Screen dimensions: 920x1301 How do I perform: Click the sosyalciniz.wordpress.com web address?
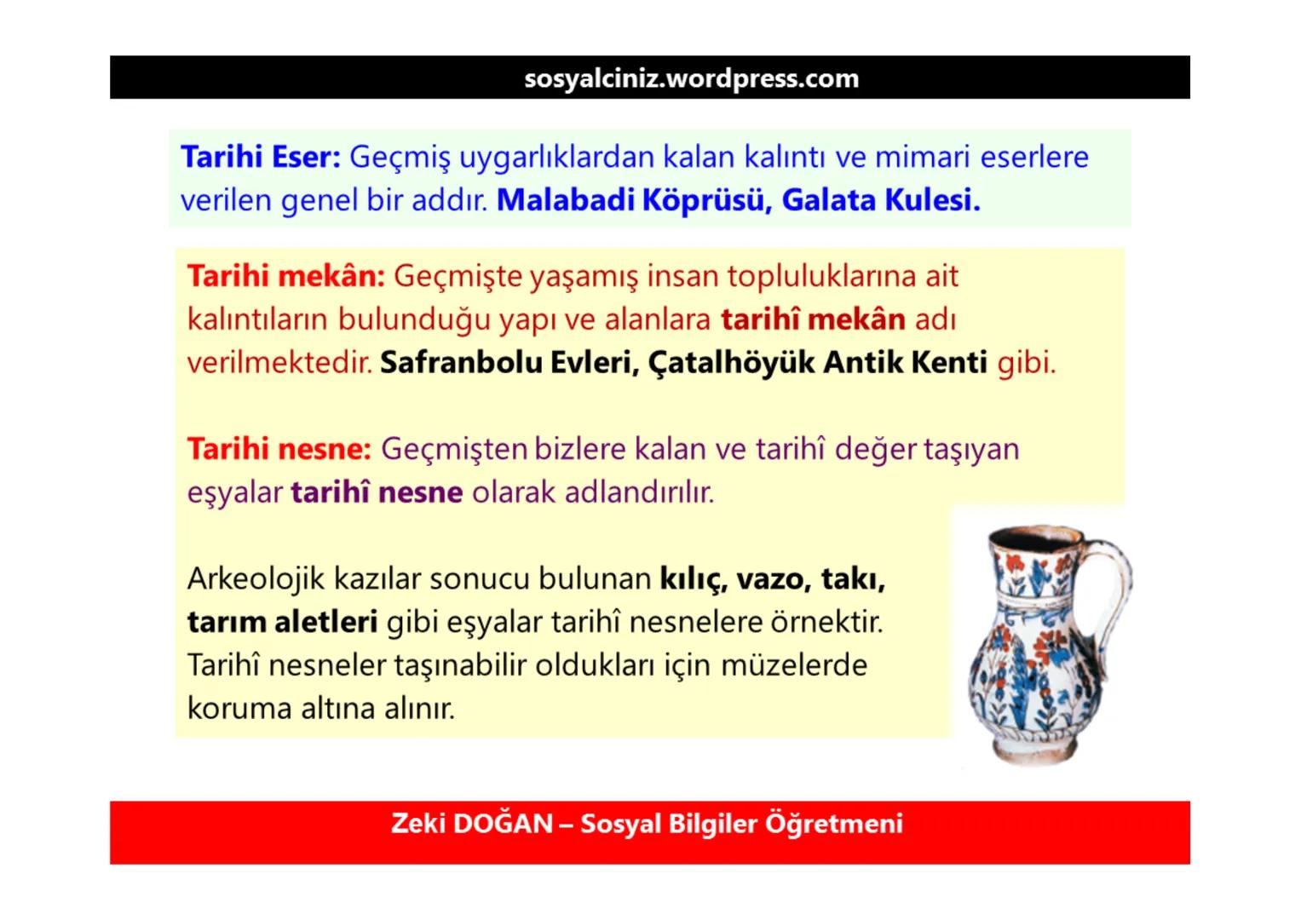pos(691,78)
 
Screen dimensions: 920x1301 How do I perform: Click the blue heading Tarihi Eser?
pos(261,157)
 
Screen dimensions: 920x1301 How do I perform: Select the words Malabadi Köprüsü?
pos(633,200)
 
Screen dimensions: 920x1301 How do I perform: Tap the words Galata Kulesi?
pos(881,200)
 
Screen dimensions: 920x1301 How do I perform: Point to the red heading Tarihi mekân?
pos(286,276)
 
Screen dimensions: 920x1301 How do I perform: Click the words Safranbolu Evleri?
pos(508,363)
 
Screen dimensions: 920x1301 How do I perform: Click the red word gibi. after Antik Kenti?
pos(1026,364)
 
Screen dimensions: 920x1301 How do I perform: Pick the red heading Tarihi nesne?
pos(279,449)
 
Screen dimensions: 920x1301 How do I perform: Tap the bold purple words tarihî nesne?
pos(377,492)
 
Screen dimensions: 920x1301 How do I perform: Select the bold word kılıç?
pos(693,579)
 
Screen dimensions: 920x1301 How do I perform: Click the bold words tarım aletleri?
pos(282,622)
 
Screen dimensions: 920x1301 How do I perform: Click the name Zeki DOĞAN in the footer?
pos(472,824)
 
